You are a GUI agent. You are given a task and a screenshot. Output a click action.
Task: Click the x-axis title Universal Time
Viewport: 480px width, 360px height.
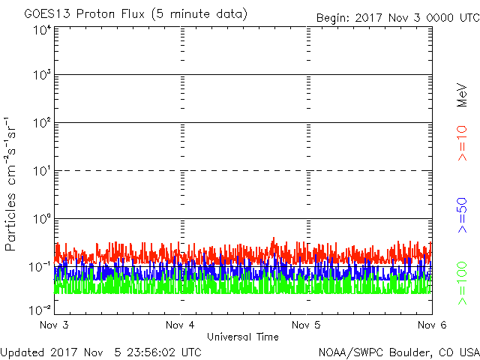[x=242, y=337]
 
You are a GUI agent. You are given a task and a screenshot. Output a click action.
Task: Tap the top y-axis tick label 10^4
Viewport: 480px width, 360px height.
[x=41, y=30]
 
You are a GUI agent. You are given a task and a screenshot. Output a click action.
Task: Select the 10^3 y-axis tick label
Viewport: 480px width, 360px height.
[x=41, y=76]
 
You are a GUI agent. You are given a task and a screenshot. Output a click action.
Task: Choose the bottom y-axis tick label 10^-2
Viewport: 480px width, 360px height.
[x=40, y=309]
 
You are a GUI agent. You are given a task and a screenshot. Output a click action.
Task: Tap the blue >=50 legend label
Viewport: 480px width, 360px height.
[x=462, y=214]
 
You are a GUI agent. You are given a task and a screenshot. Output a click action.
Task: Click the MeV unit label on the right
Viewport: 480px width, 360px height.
[x=462, y=96]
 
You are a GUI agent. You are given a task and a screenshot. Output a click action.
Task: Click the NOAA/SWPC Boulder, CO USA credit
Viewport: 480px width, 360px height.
[x=398, y=352]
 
